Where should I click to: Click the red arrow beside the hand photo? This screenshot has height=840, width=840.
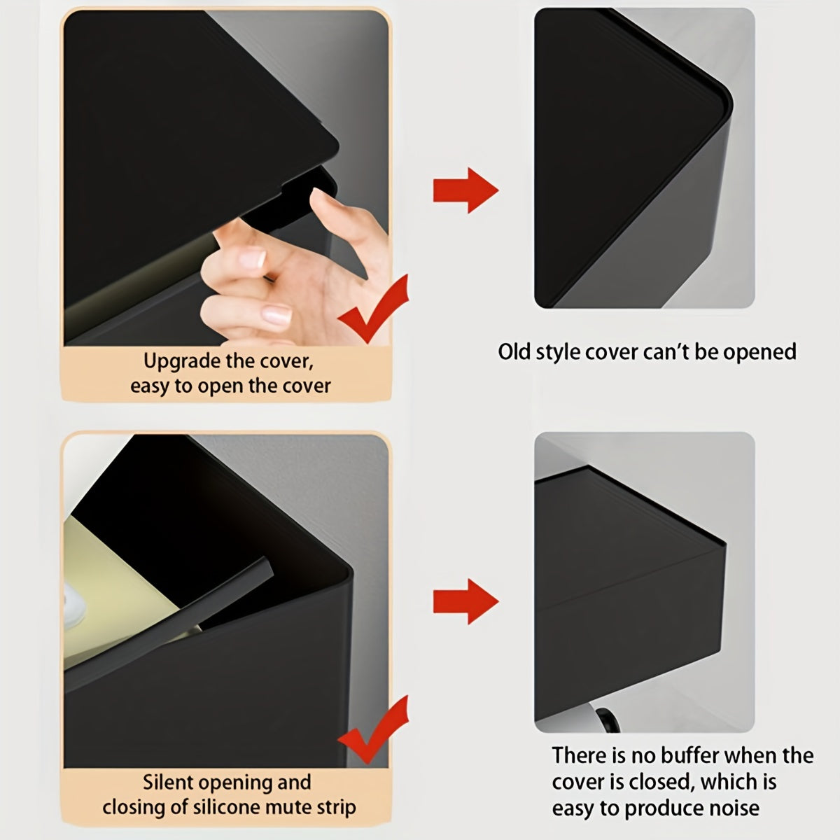tap(465, 190)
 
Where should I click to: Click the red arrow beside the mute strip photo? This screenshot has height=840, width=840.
tap(465, 601)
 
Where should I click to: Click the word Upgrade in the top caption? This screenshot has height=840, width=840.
tap(182, 362)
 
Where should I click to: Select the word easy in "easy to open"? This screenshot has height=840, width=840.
tap(150, 386)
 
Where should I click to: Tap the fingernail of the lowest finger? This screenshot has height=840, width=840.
tap(276, 314)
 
